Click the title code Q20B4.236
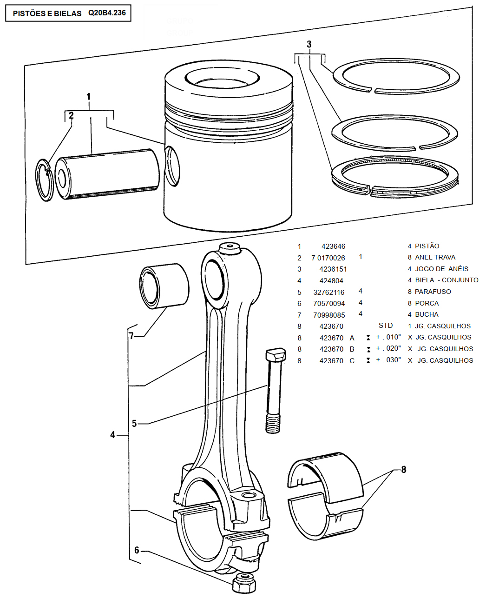107,13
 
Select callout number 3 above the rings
309,45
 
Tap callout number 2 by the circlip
71,116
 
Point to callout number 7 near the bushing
131,336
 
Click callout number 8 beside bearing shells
403,470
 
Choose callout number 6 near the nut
137,551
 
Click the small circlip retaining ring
44,180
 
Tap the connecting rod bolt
273,391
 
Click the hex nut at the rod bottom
244,582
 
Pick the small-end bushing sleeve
164,286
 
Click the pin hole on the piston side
171,166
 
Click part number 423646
333,246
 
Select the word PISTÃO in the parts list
427,246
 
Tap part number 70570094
329,304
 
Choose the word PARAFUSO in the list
433,292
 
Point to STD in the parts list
386,326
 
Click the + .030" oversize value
388,360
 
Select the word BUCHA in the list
427,314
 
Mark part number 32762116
329,293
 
